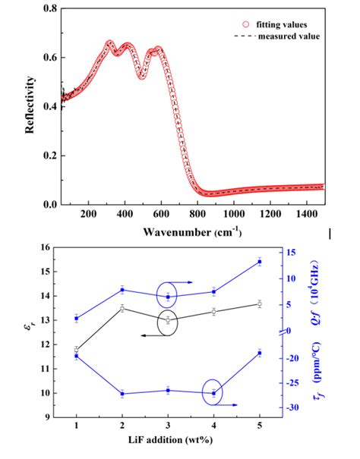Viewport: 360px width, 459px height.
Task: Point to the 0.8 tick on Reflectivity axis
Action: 48,9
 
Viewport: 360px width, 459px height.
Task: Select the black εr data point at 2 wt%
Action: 122,308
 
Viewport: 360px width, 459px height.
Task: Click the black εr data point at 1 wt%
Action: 77,350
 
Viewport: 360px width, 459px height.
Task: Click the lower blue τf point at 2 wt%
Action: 122,393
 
